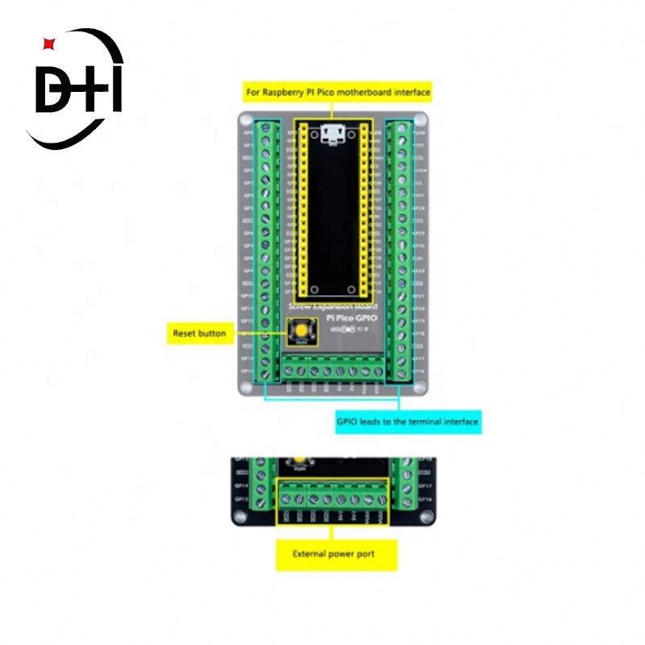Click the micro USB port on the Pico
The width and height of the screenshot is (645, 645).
[331, 134]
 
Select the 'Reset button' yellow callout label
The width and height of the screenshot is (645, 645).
[199, 333]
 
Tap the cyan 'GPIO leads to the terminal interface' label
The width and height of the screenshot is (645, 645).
[408, 421]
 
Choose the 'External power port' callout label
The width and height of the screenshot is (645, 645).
[334, 554]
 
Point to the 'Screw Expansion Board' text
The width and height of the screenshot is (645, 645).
[331, 308]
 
